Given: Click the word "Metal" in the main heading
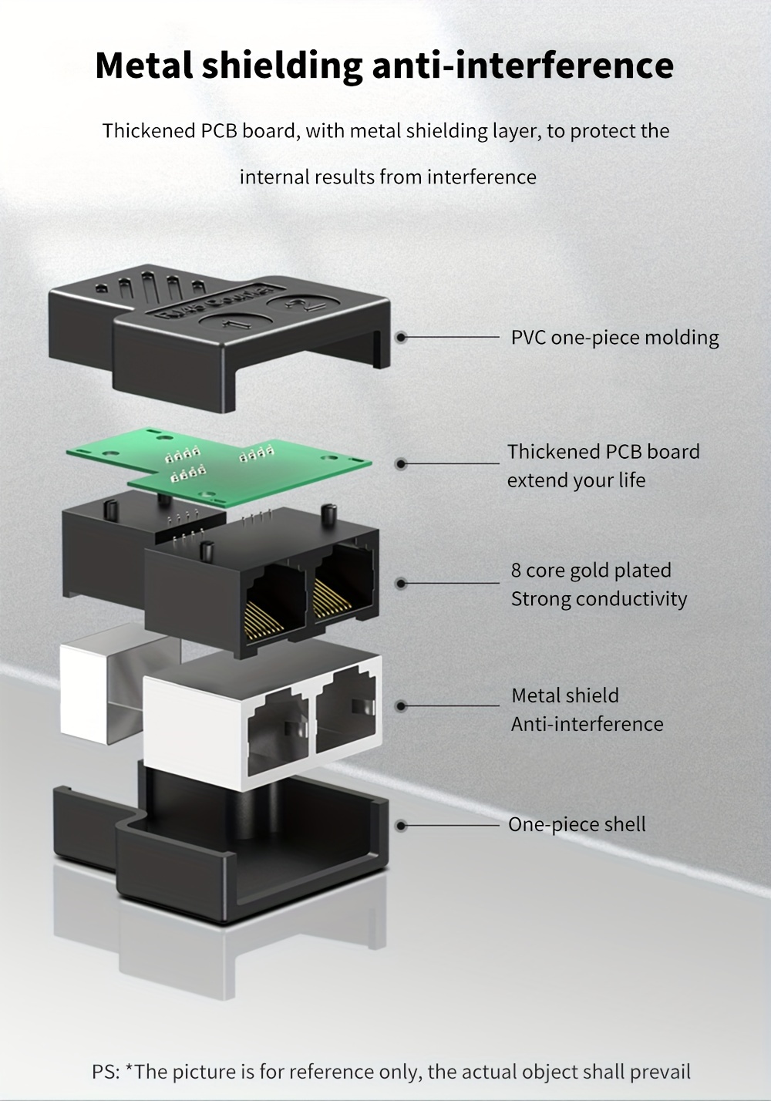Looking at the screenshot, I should [143, 65].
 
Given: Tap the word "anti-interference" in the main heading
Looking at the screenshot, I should [523, 65].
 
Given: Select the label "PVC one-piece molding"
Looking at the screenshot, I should [614, 338].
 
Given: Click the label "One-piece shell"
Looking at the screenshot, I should [577, 824].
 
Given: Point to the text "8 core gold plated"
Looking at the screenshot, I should [591, 571].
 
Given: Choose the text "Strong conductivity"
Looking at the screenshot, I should [598, 599].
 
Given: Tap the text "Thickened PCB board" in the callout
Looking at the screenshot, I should [603, 452].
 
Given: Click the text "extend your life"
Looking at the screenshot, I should [576, 480].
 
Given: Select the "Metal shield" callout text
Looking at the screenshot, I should [564, 695].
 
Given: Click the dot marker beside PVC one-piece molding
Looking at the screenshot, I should [401, 338].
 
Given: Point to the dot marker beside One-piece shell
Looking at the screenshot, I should [401, 825].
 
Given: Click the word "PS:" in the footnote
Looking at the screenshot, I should [106, 1072].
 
